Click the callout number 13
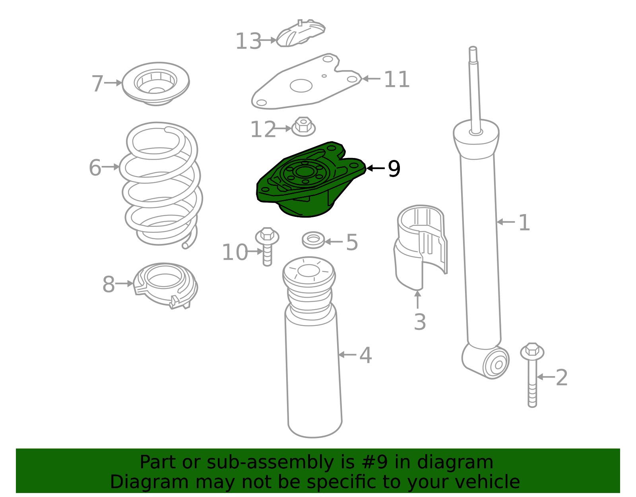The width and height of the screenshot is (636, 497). tap(248, 41)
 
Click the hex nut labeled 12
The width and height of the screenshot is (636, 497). tap(303, 127)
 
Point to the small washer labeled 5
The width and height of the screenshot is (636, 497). tap(313, 240)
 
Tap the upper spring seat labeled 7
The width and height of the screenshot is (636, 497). tap(155, 83)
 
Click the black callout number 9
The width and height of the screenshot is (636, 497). tap(394, 169)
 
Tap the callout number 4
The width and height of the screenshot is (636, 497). tap(365, 355)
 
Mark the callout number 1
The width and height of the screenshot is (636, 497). tap(524, 223)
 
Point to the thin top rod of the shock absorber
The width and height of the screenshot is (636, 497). tap(474, 92)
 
